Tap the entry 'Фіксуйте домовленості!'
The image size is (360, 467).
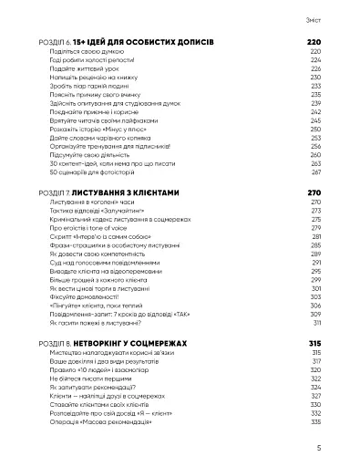(101, 296)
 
